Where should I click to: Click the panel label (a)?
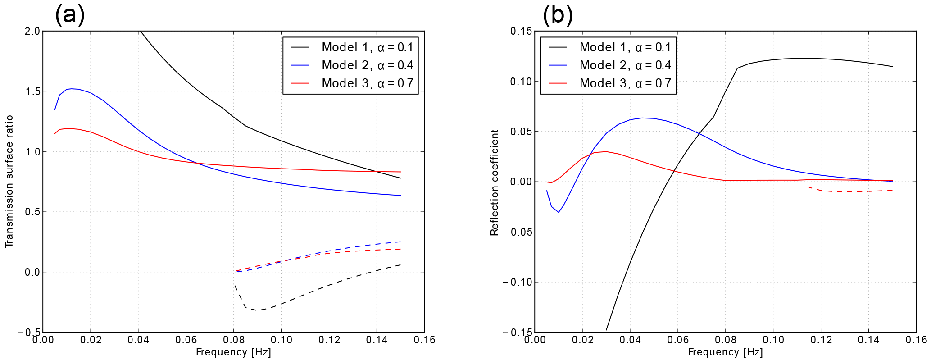click(x=70, y=15)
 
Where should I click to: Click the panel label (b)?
click(x=558, y=15)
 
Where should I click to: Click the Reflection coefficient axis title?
click(x=495, y=182)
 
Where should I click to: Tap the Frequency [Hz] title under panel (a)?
click(x=233, y=352)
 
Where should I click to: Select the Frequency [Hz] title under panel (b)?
click(x=725, y=352)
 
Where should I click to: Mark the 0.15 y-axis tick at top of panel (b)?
click(x=521, y=31)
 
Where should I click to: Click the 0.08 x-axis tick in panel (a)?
click(x=233, y=340)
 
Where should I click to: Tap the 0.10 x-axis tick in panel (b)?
click(x=773, y=340)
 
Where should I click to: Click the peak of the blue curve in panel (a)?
click(x=72, y=89)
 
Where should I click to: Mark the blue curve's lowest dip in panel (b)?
click(x=559, y=212)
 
